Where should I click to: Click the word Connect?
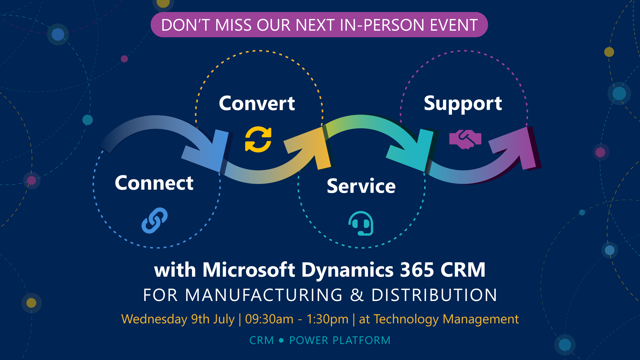tap(154, 183)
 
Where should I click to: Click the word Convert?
tap(257, 103)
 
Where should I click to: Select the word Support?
tap(463, 104)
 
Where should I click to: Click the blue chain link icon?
tap(154, 220)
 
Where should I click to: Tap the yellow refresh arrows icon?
tap(258, 139)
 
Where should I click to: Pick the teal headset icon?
tap(361, 223)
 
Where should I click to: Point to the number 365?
tap(417, 269)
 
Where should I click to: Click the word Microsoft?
tap(249, 269)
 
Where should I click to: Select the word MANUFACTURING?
tap(264, 295)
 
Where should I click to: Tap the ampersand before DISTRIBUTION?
tap(357, 295)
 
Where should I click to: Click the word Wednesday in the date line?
tap(154, 319)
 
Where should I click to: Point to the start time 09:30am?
tap(269, 319)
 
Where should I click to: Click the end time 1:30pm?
tap(327, 319)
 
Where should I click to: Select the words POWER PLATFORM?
tap(340, 340)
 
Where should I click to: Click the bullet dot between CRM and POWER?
tap(281, 340)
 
